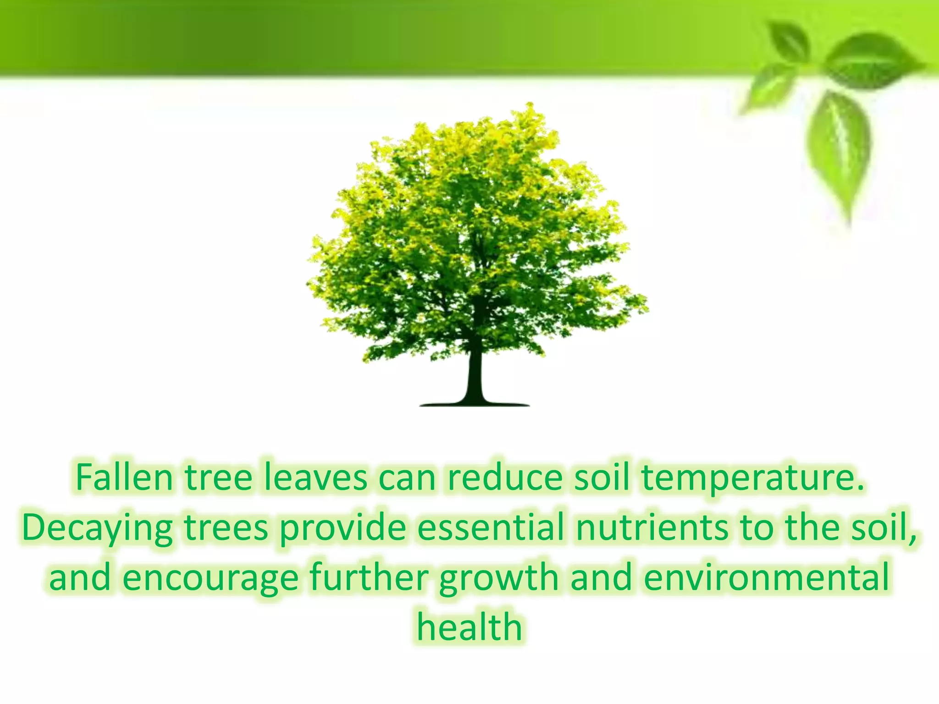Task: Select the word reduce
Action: point(505,478)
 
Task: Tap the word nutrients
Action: point(652,528)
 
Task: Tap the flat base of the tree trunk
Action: point(475,404)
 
